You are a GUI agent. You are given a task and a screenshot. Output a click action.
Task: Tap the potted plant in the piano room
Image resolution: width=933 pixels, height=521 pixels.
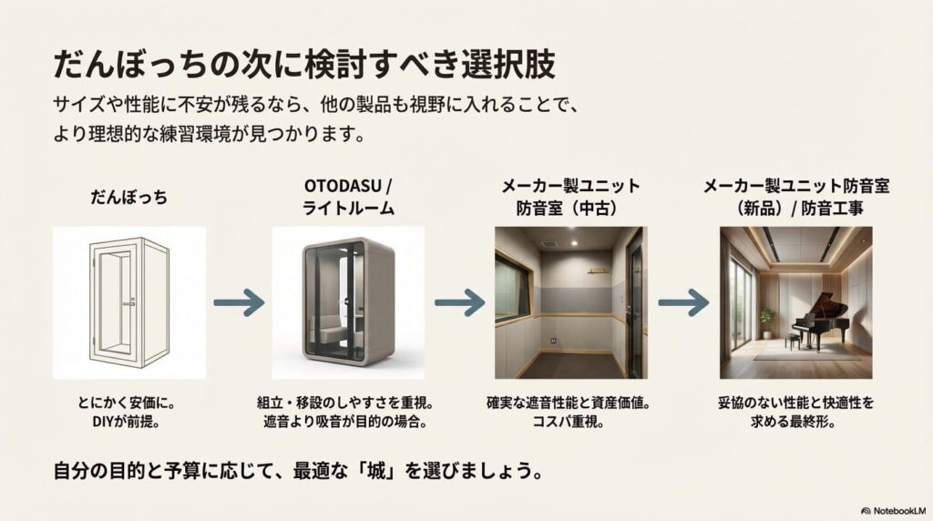[x=767, y=321]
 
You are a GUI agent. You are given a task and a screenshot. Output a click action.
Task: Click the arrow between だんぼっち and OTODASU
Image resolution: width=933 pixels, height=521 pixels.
[x=239, y=303]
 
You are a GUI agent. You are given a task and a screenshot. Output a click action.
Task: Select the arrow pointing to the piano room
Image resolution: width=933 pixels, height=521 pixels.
[x=683, y=303]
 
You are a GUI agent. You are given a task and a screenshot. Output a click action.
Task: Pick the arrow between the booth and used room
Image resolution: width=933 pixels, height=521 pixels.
[x=459, y=303]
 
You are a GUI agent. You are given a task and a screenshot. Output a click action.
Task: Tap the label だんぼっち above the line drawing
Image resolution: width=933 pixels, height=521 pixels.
[x=128, y=197]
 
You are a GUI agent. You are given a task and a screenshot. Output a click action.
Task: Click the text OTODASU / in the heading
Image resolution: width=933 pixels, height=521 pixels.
[x=347, y=186]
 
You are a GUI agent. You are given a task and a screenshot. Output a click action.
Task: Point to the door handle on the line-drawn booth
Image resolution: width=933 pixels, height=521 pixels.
[x=129, y=301]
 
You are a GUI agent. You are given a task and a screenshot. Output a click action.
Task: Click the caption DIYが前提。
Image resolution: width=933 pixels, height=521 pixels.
[x=128, y=422]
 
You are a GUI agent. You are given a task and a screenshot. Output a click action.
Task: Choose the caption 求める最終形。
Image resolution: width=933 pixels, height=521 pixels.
[x=795, y=422]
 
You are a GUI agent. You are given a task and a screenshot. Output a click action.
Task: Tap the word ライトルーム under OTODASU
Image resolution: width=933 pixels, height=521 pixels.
[x=347, y=209]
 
